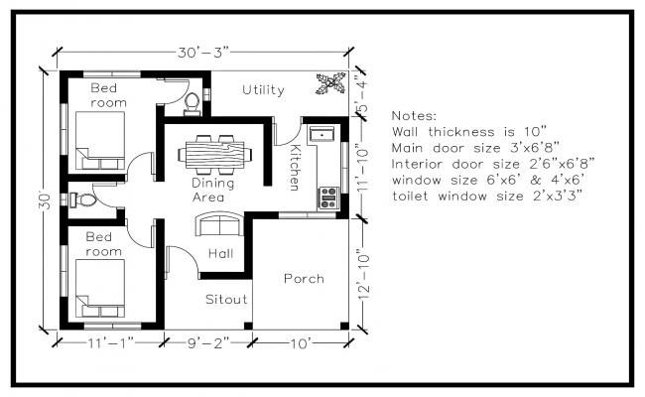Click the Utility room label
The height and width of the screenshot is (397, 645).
[x=263, y=90]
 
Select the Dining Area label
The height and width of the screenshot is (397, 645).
[x=213, y=190]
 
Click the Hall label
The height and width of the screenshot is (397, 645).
[x=220, y=254]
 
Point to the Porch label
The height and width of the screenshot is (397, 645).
[x=304, y=279]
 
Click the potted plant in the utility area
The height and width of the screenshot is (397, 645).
[x=329, y=85]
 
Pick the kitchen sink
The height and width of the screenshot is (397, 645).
[x=322, y=133]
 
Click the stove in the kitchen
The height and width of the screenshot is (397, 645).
[x=327, y=198]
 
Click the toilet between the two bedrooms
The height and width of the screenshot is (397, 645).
[x=83, y=198]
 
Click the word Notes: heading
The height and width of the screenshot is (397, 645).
[x=415, y=115]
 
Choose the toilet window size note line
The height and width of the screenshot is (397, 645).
[x=486, y=196]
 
